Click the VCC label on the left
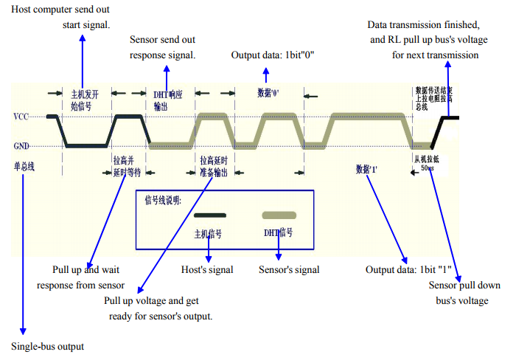coord(21,117)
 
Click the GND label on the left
coord(21,145)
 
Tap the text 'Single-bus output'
coord(48,346)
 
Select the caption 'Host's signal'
coord(207,270)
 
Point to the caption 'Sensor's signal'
coord(289,270)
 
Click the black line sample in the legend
coord(209,215)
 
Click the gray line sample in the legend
coord(279,215)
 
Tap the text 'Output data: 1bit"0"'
coord(273,55)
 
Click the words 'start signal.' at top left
coord(86,25)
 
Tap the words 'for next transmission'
coord(435,55)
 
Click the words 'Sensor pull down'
coord(464,285)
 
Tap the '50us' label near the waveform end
coord(428,169)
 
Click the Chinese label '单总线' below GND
coord(24,166)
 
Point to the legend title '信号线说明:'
coord(162,200)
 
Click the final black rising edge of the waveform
coord(438,131)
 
